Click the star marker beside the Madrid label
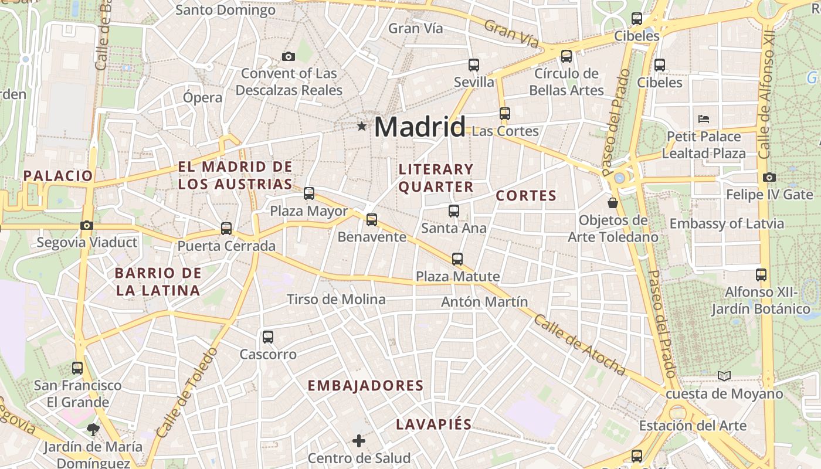click(x=361, y=126)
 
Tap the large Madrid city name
click(x=420, y=127)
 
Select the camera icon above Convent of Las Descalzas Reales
click(x=288, y=56)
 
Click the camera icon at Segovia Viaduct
click(x=87, y=225)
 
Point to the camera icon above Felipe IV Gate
click(x=769, y=177)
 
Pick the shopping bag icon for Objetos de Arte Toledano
click(x=613, y=203)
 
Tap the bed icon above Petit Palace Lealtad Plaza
click(x=704, y=118)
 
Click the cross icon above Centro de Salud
click(x=359, y=440)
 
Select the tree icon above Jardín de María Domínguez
click(x=93, y=429)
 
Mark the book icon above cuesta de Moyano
click(x=724, y=376)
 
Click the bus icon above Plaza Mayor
click(x=308, y=193)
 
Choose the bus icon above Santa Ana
click(x=453, y=211)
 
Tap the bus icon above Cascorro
click(x=268, y=337)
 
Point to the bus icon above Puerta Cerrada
click(x=226, y=229)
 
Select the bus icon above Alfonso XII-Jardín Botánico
click(x=761, y=274)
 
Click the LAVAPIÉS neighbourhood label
click(x=433, y=424)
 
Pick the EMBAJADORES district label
click(x=365, y=385)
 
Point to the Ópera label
click(x=202, y=97)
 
